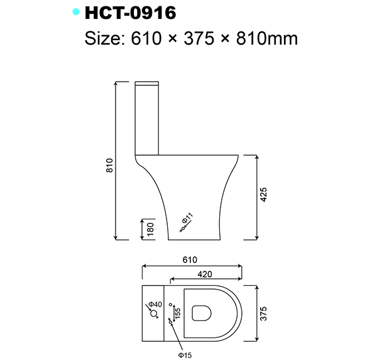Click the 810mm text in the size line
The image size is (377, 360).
coord(259,38)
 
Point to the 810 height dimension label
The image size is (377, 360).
coord(109,165)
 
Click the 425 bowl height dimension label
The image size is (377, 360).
coord(265,196)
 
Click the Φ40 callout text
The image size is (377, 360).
coord(156,305)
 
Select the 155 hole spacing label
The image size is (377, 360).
coord(178,312)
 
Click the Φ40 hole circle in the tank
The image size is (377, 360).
coord(151,311)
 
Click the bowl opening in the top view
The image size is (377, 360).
coord(202,312)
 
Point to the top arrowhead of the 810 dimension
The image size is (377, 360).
coord(117,84)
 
